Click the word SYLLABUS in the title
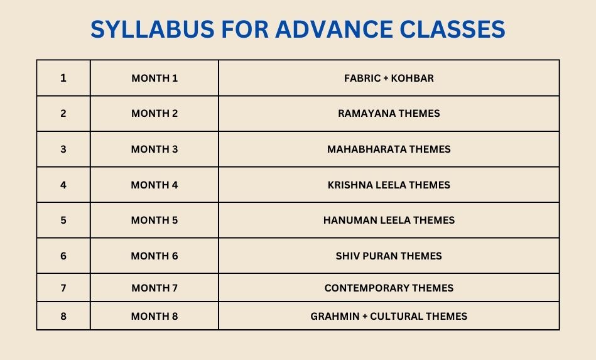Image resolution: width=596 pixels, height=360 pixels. tap(153, 30)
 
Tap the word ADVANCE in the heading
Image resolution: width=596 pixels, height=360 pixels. tap(334, 30)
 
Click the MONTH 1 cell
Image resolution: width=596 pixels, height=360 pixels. tap(154, 78)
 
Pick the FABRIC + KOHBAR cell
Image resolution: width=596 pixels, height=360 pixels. tap(389, 78)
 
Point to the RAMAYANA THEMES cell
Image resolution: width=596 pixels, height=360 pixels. tap(389, 113)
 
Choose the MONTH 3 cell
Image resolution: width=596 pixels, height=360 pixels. tap(154, 149)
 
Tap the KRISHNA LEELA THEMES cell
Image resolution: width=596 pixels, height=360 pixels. tap(389, 185)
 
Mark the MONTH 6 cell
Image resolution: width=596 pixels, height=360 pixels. tap(154, 256)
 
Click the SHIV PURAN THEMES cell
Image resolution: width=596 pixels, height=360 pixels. tap(389, 256)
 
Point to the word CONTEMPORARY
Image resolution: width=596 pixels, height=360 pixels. tap(366, 288)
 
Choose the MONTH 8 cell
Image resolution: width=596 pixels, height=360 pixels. tap(154, 316)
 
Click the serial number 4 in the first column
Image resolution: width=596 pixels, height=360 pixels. tap(63, 185)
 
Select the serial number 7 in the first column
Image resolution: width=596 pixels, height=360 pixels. tap(63, 288)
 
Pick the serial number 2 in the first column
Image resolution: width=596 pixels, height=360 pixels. tap(63, 113)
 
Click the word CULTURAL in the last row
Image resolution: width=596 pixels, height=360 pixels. tap(396, 316)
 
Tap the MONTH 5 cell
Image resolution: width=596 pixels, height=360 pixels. tap(154, 220)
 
